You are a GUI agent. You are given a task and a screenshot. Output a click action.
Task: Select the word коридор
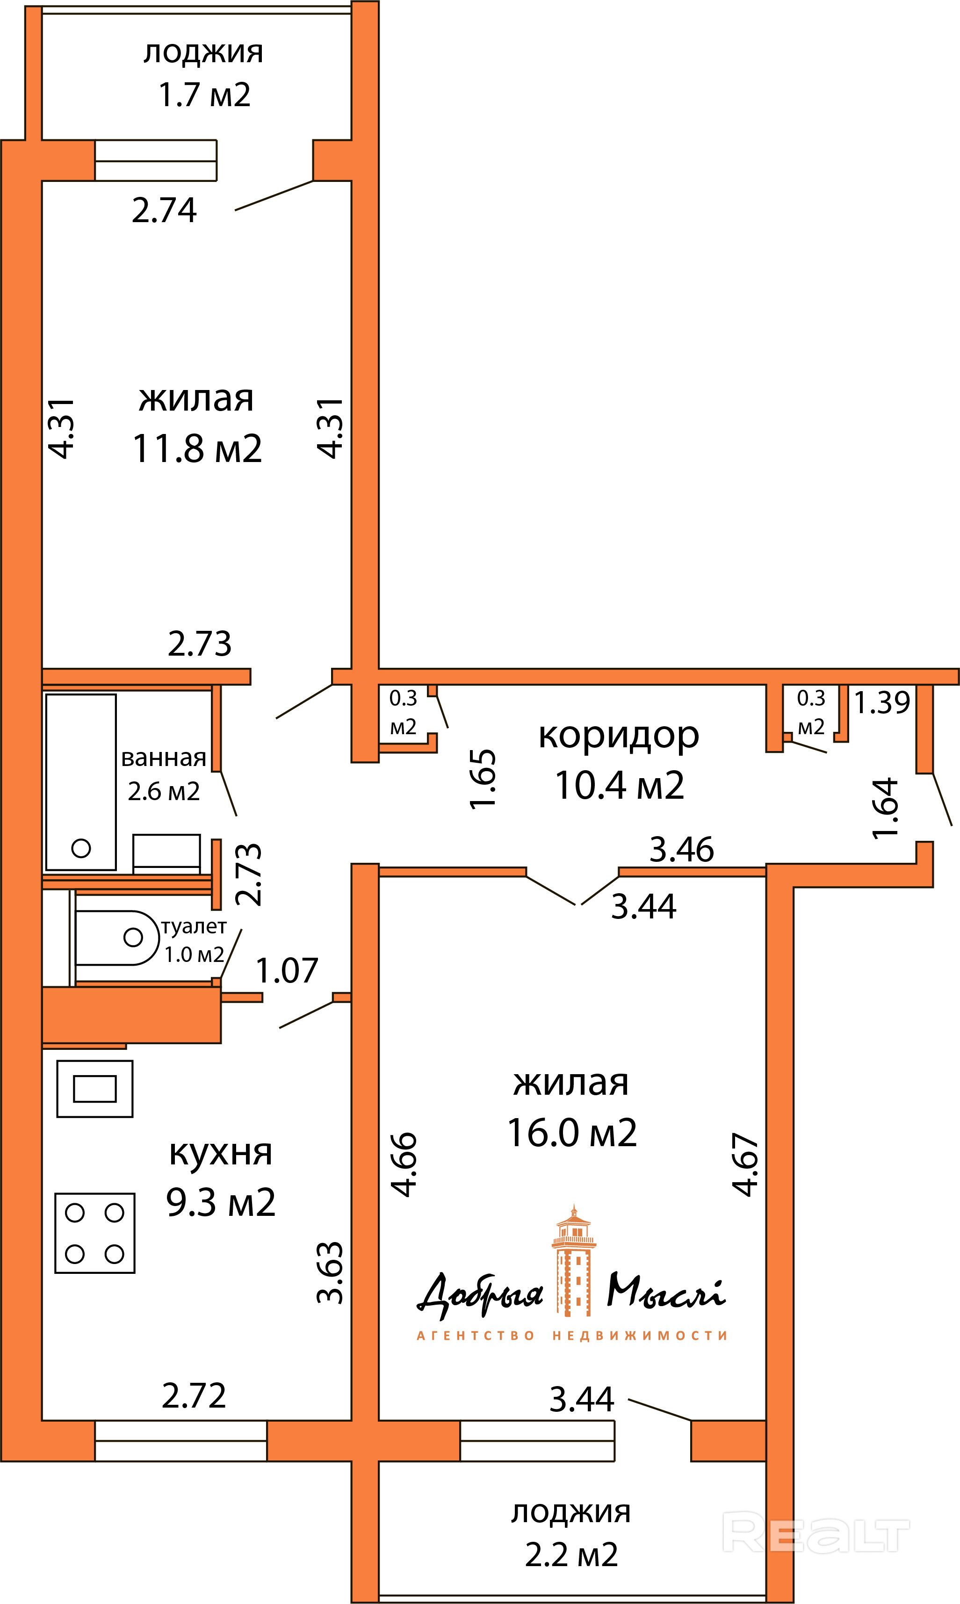coord(619,736)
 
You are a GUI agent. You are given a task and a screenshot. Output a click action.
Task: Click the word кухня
coord(221,1153)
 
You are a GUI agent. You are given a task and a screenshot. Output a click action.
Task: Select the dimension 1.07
coord(287,971)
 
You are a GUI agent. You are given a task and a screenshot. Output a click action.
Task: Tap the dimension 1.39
coord(882,702)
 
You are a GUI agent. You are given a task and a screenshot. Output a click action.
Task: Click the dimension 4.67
coord(745,1164)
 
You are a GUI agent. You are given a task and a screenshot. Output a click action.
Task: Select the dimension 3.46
coord(682,849)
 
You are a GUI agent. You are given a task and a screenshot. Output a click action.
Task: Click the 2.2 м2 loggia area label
coord(571,1555)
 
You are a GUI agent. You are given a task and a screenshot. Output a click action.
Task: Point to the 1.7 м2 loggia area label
coord(204,94)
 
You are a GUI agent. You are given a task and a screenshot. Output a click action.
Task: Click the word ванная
coord(164,758)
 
